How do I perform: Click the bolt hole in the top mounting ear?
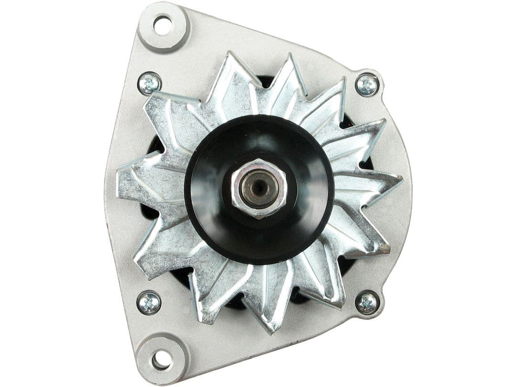pos(163,25)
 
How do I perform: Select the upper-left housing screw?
pos(149,84)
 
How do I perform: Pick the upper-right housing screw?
pos(367,86)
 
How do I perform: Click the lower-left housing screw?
pos(149,302)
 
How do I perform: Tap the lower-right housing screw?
pos(367,302)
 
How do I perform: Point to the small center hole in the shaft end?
pos(258,188)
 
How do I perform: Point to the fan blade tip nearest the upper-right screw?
pos(343,80)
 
